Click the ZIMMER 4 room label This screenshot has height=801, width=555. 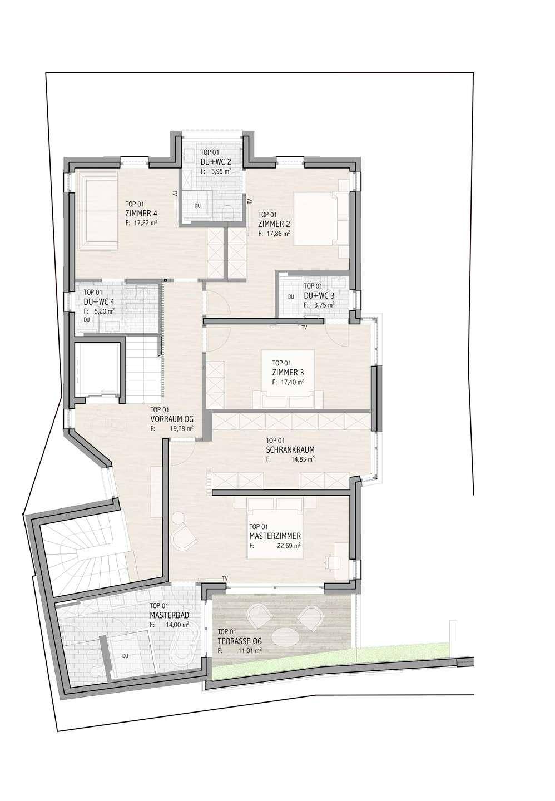[x=141, y=214]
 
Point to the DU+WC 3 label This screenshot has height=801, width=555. [x=319, y=296]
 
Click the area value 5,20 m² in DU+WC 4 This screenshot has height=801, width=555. [x=105, y=311]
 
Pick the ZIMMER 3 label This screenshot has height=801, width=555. [x=288, y=373]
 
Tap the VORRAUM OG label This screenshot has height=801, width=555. [x=172, y=419]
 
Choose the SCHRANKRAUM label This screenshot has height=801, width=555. [x=290, y=450]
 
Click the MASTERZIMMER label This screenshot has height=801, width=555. [x=275, y=536]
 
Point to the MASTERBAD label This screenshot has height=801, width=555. [x=170, y=615]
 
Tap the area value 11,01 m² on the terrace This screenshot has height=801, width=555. [x=250, y=651]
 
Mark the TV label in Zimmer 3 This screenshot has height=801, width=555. [x=304, y=327]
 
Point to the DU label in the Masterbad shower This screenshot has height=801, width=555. [x=125, y=656]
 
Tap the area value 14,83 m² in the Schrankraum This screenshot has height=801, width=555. [x=303, y=460]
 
